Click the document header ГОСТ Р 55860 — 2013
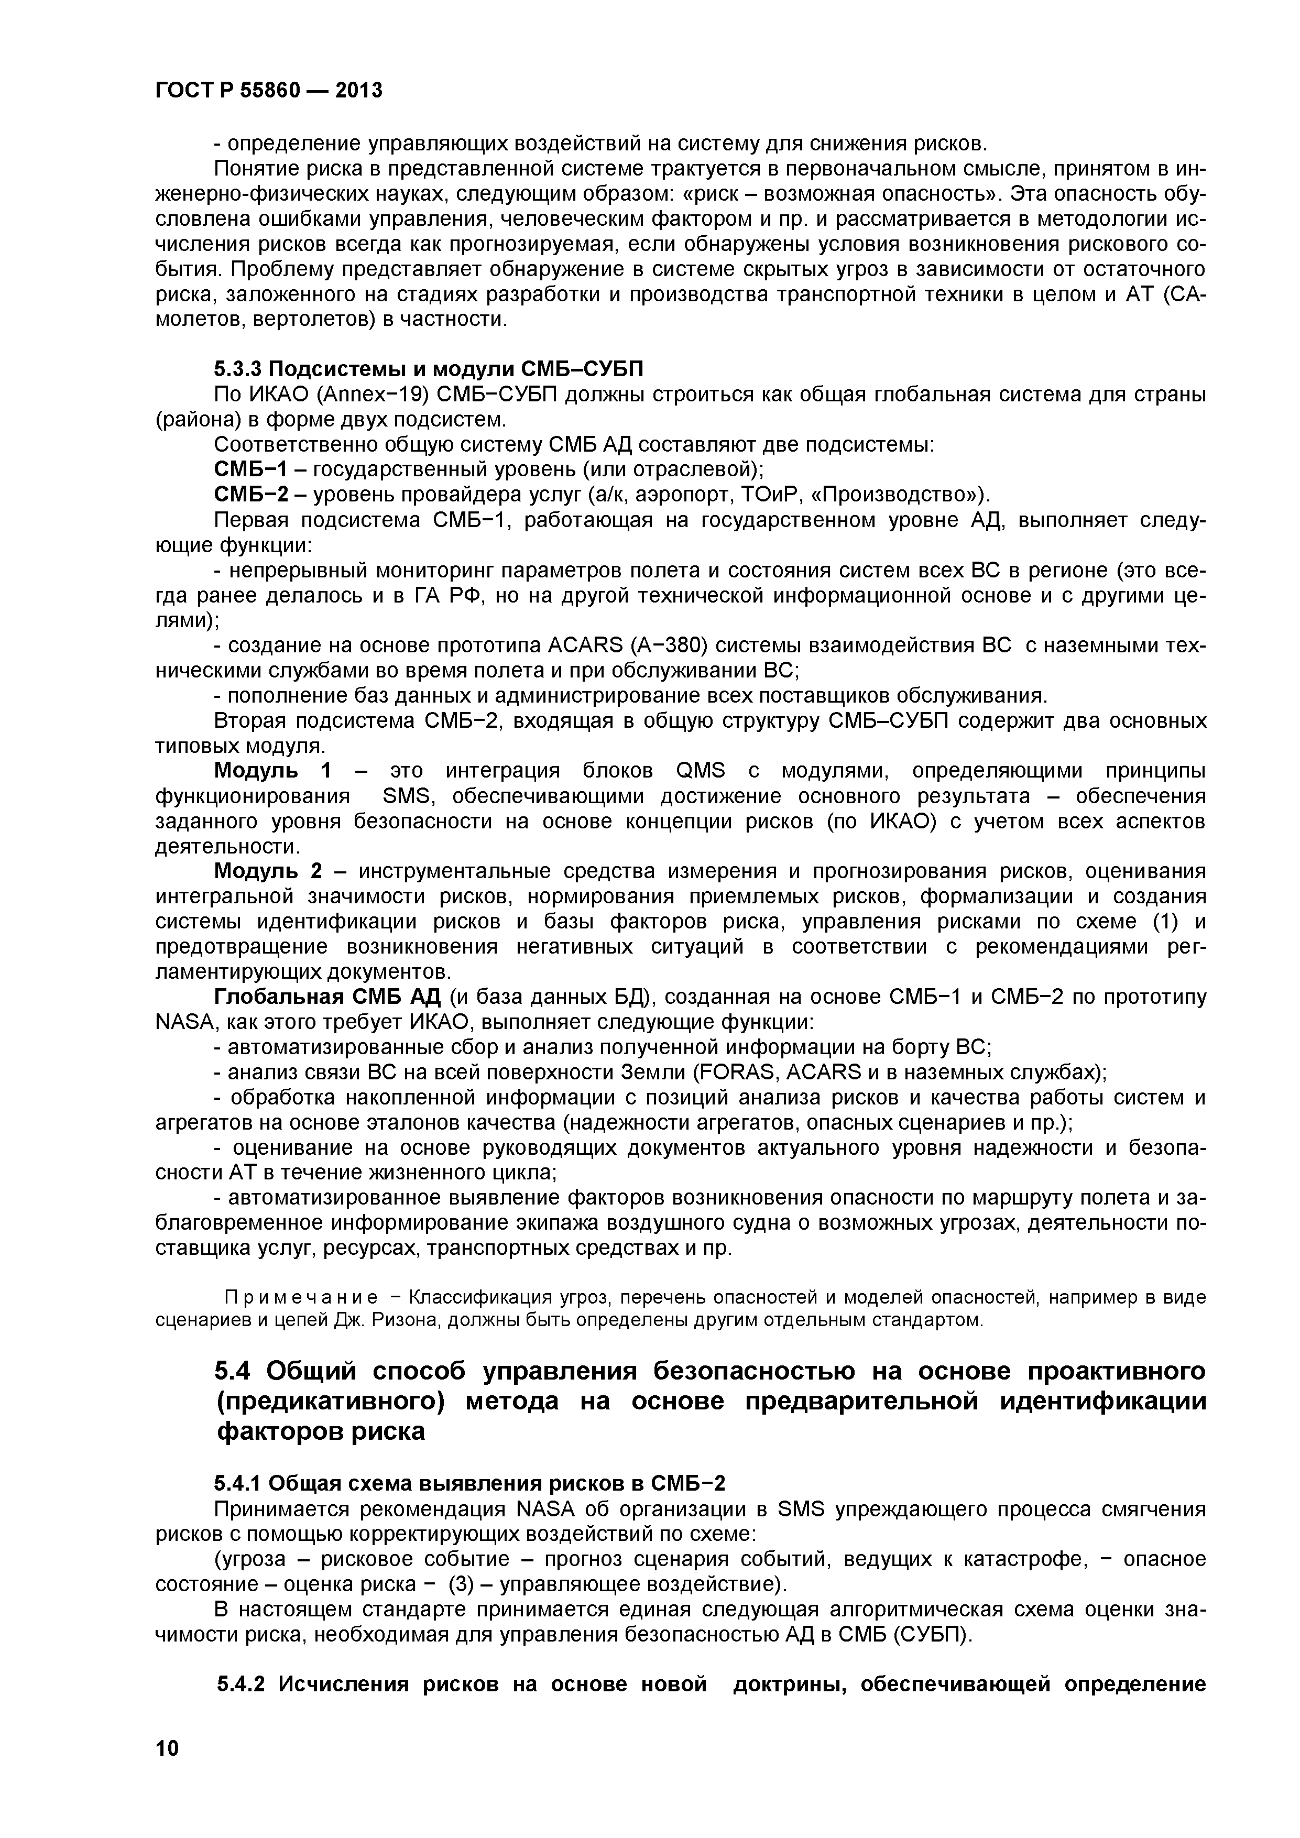(269, 91)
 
